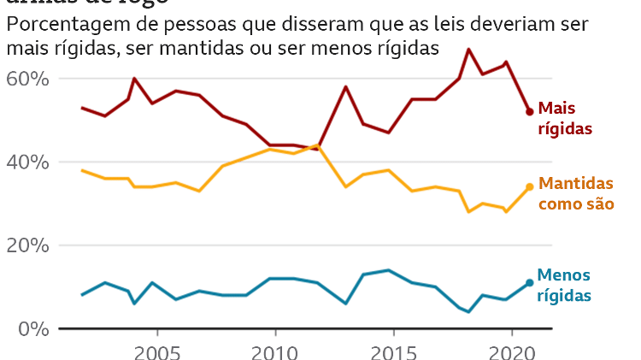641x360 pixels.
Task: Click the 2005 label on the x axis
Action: pos(157,351)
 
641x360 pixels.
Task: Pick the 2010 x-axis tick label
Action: pos(275,351)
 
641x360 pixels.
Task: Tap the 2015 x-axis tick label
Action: pos(393,351)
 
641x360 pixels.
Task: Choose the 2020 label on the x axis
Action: pos(511,351)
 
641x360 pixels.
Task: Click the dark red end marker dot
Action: pos(530,112)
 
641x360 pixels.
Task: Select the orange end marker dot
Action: pos(530,186)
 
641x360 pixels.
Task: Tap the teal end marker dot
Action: pos(530,282)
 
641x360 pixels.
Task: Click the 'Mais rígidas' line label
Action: pos(565,118)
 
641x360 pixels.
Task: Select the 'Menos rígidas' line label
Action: pos(565,286)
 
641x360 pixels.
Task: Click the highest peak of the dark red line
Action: pos(468,50)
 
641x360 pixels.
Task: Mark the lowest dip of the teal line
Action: pos(468,311)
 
